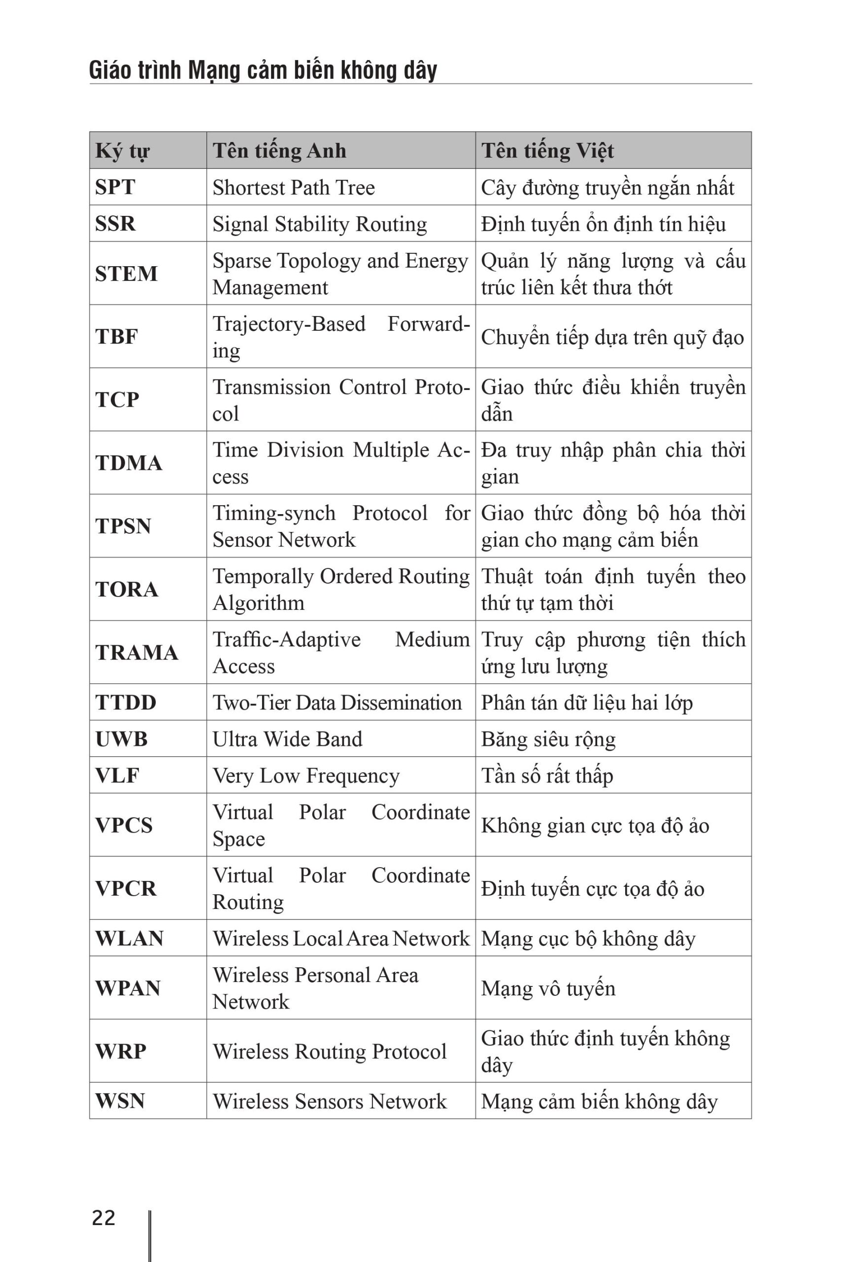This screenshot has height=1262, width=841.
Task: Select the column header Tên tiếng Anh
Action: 279,151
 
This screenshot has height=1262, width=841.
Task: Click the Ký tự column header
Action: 122,151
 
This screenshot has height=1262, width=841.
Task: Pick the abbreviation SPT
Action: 115,187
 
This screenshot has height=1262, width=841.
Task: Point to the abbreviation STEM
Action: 127,274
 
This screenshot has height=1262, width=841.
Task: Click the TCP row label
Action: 117,400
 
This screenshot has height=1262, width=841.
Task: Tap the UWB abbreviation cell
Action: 121,739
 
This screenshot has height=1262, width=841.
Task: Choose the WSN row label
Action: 120,1101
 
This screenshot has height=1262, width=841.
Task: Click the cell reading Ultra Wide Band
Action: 288,739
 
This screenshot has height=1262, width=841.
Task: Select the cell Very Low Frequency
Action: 306,776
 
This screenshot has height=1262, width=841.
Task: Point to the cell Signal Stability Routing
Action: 320,224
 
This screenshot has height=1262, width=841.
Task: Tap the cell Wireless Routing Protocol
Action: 329,1052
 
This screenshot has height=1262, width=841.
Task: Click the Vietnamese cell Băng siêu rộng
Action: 548,739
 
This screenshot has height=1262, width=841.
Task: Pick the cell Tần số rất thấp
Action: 546,776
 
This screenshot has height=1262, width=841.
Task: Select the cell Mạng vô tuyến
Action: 548,988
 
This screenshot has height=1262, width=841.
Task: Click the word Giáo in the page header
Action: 109,70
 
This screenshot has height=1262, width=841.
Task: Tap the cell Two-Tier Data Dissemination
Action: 337,703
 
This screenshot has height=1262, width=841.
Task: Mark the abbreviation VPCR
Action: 126,888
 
